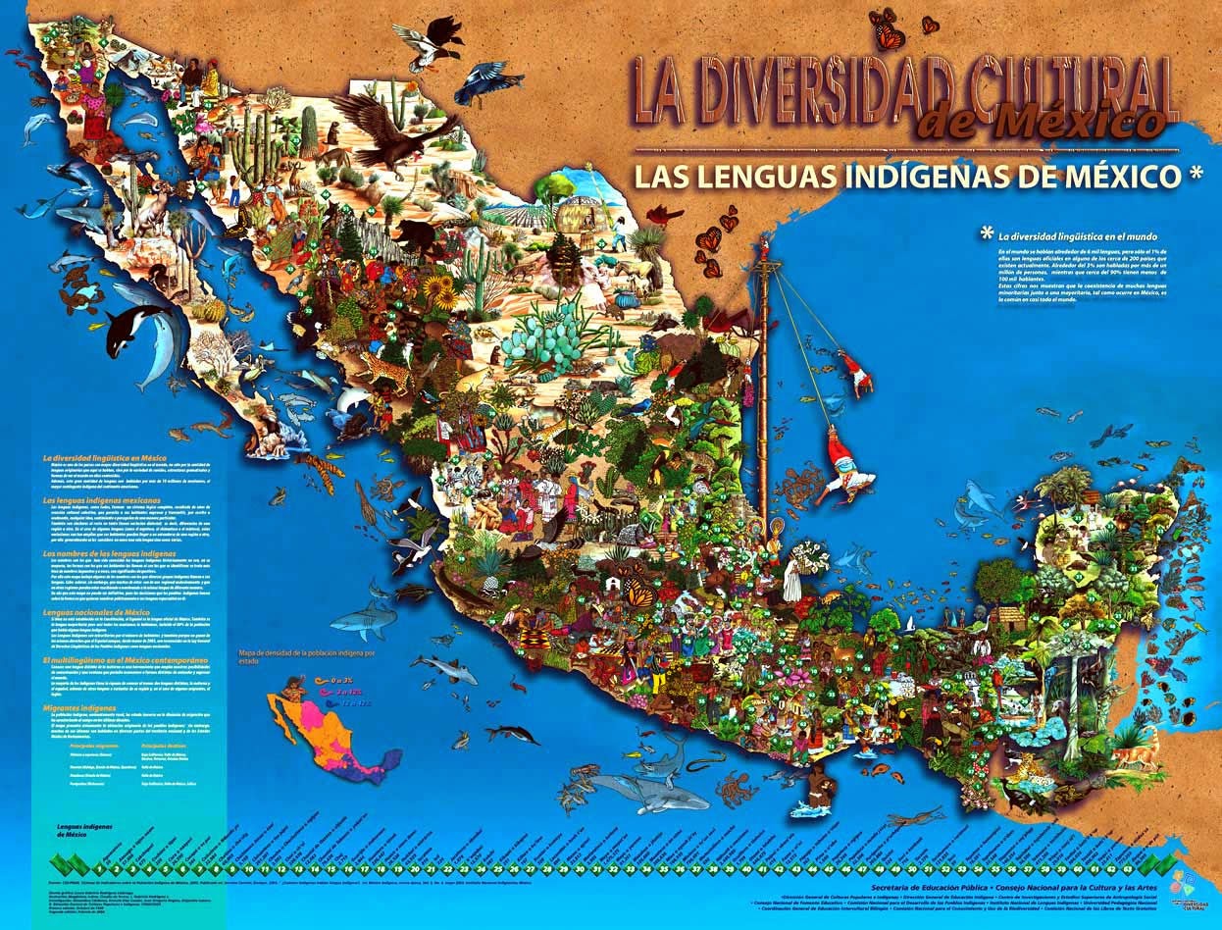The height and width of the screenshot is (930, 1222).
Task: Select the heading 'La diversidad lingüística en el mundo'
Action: click(1077, 236)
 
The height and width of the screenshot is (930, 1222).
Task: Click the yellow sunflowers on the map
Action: click(438, 289)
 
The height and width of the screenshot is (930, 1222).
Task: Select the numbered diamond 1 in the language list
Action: click(100, 868)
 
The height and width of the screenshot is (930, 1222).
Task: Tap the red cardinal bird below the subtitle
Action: click(667, 215)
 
